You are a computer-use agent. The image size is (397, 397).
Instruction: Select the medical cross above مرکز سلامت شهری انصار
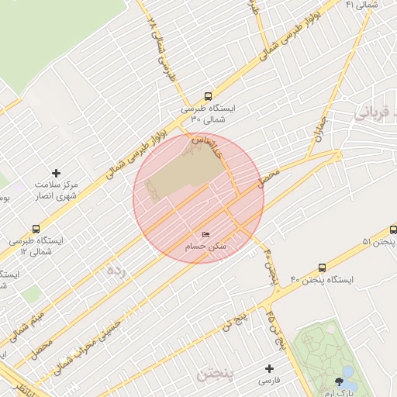click(55, 173)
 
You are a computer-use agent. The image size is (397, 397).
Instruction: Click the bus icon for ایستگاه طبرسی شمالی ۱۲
click(35, 229)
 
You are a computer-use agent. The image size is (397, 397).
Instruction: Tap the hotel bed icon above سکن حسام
click(205, 234)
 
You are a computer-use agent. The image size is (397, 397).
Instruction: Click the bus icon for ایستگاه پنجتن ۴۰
click(323, 268)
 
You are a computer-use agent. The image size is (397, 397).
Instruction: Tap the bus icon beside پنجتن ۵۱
click(392, 231)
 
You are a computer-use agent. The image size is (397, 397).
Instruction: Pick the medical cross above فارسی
click(269, 369)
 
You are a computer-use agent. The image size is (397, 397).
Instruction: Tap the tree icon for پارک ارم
click(339, 381)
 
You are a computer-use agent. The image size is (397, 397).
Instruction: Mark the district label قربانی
click(375, 112)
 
